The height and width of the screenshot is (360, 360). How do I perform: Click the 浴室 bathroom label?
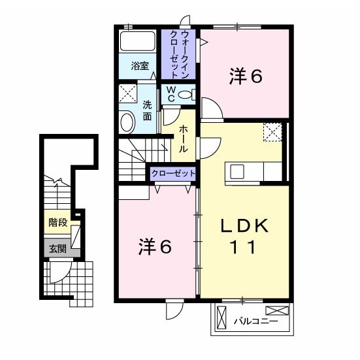140,66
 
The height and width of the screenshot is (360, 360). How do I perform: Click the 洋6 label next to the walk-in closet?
245,76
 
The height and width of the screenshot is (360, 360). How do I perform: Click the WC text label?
169,94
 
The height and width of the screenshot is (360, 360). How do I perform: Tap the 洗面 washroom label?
147,110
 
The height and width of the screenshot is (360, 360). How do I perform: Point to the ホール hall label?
185,139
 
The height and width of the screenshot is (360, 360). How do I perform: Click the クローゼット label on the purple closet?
173,173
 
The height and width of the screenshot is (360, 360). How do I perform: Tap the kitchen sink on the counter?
236,171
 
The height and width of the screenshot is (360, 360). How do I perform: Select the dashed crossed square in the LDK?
272,132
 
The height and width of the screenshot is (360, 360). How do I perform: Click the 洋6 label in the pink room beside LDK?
155,246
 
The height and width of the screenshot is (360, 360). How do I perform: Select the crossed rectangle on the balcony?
276,311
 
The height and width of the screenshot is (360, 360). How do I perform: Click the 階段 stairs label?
57,222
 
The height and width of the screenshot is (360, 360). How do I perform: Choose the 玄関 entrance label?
57,248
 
